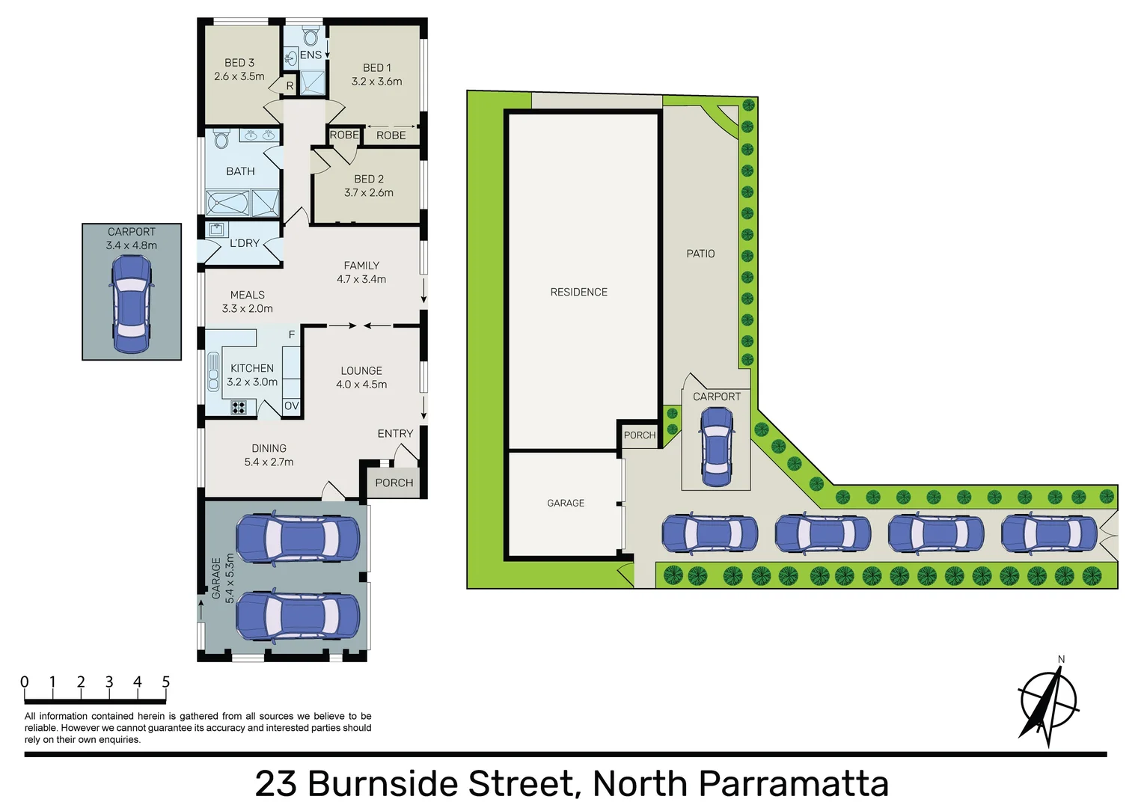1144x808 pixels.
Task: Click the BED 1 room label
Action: tap(376, 67)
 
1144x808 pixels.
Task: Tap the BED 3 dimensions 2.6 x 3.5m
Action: tap(239, 76)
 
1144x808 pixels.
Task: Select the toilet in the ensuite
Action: tap(311, 36)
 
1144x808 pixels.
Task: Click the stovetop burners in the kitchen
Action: tap(239, 408)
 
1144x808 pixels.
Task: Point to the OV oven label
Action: tap(292, 405)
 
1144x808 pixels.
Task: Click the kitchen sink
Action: tap(213, 373)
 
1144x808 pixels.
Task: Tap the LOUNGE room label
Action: tap(361, 371)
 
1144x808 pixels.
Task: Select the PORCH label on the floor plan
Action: tap(394, 483)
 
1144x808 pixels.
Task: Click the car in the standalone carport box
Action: tap(131, 304)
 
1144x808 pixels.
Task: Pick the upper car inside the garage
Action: tap(298, 538)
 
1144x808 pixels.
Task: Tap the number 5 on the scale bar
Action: tap(165, 682)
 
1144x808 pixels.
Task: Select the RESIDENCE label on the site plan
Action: tap(578, 292)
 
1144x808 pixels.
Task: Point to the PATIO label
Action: tap(700, 254)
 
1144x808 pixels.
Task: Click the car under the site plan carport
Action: tap(716, 447)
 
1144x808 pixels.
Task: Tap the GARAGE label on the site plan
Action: tap(566, 503)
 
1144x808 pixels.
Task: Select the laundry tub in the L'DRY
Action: tap(216, 229)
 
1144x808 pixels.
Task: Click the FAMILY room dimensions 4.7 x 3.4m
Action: tap(361, 279)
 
